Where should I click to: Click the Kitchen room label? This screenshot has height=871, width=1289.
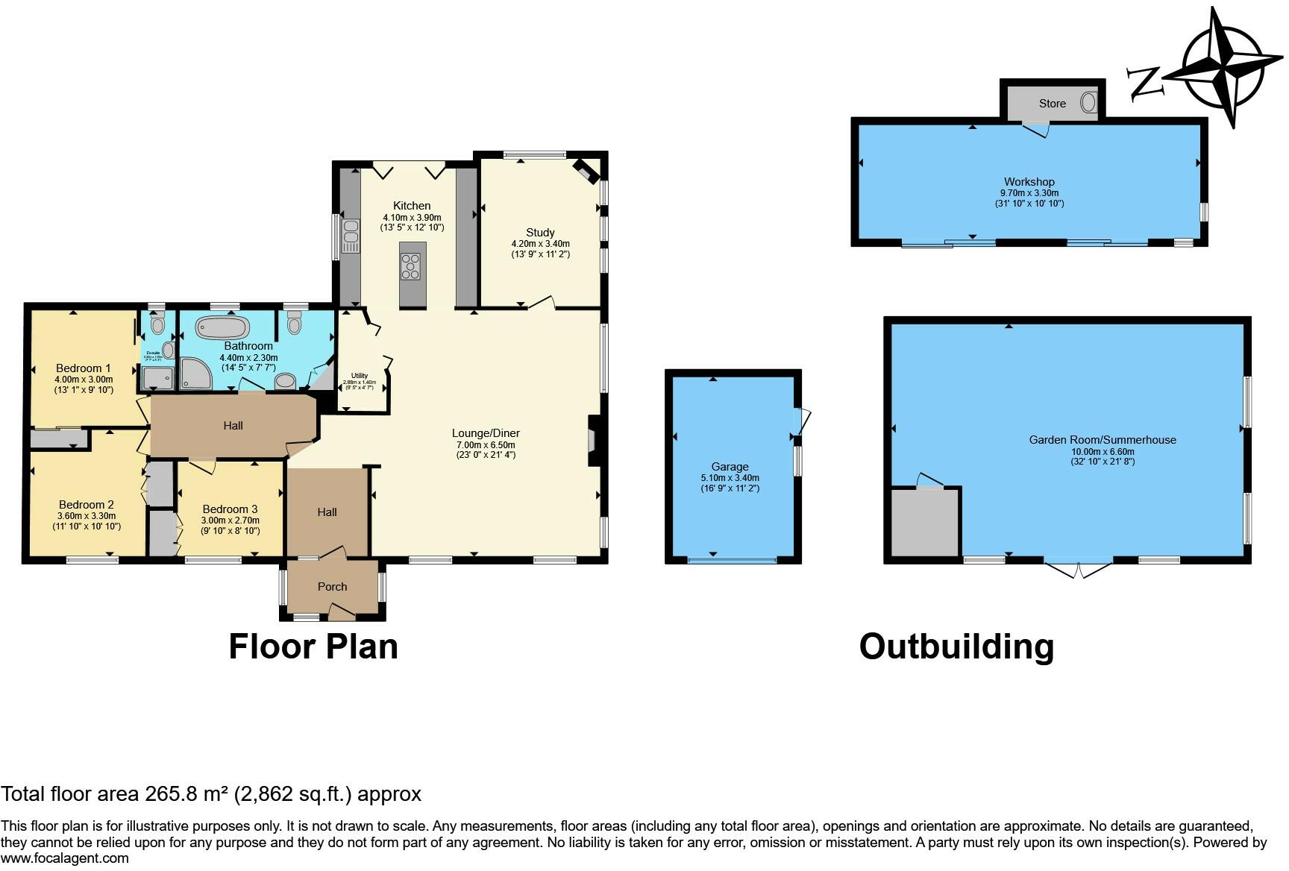tap(412, 206)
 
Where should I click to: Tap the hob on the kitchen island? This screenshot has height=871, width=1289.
tap(412, 266)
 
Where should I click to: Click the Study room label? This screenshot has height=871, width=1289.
tap(540, 233)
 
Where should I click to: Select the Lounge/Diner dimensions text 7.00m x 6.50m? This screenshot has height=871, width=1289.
tap(486, 444)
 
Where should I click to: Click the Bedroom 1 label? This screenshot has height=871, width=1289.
tap(84, 368)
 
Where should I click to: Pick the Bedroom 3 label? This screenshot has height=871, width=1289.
tap(230, 509)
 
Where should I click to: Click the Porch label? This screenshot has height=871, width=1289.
tap(333, 587)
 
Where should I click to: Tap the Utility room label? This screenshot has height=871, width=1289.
tap(359, 376)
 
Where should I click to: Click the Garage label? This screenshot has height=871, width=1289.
tap(730, 467)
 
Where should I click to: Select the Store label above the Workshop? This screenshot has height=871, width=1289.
tap(1052, 104)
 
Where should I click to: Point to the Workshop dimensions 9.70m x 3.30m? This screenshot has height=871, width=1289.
tap(1029, 192)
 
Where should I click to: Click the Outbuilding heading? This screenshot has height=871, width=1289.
tap(956, 647)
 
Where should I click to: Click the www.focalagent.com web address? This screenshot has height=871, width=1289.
tap(65, 858)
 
